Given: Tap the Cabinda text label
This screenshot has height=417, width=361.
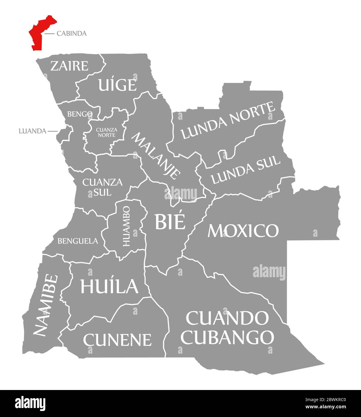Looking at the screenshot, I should click(71, 34).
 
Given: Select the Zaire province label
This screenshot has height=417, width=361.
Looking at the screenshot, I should click(69, 66).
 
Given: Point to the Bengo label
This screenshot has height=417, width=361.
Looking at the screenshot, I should click(80, 114).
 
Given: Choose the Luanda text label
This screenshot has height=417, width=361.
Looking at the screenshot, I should click(32, 131).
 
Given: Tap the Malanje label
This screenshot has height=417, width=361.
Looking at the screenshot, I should click(156, 156).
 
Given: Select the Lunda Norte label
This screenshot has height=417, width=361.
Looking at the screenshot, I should click(228, 121).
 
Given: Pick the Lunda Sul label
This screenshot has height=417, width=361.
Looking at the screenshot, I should click(245, 170).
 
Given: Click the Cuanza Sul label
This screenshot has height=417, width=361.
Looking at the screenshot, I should click(102, 187).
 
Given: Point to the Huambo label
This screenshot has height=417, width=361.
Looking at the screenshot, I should click(126, 226).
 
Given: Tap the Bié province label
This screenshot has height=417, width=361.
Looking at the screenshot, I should click(170, 222).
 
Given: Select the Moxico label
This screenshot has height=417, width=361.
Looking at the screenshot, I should click(243, 231).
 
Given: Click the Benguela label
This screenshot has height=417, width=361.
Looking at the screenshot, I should click(78, 241).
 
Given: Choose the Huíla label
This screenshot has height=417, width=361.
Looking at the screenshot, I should click(109, 286).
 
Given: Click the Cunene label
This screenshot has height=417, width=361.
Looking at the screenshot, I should click(117, 340).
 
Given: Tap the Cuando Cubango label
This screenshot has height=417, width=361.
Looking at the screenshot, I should click(227, 328).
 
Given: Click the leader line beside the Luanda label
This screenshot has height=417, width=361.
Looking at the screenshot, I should click(53, 131).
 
